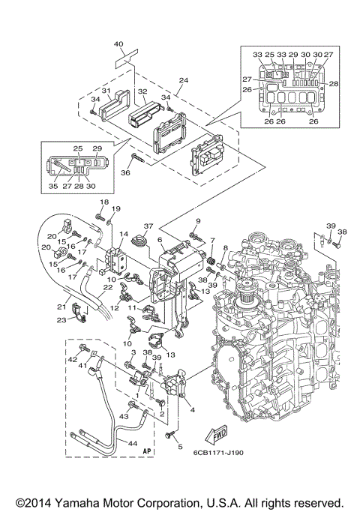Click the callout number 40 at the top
click(118, 44)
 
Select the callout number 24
click(183, 80)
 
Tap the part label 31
click(106, 91)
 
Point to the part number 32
click(142, 91)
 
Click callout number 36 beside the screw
click(124, 172)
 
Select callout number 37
click(148, 226)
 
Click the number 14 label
click(124, 234)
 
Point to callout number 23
click(61, 319)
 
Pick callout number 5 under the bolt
click(179, 447)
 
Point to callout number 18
click(104, 203)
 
